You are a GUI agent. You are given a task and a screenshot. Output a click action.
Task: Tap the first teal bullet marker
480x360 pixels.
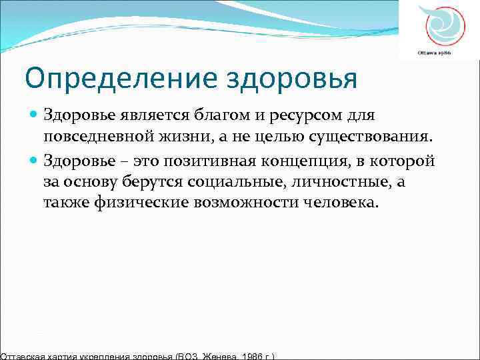pyautogui.click(x=35, y=115)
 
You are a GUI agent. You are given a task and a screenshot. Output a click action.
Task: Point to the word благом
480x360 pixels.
pyautogui.click(x=221, y=115)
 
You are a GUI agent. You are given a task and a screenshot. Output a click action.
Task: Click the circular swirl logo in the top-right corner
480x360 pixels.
pyautogui.click(x=440, y=25)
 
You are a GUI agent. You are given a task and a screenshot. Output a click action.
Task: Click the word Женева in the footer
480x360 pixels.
pyautogui.click(x=217, y=355)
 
